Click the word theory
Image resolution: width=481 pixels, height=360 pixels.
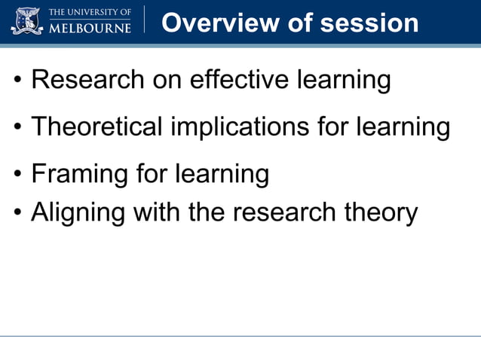click(381, 212)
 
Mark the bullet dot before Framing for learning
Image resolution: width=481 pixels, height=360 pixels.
click(17, 175)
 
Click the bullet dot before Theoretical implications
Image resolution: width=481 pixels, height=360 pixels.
click(17, 127)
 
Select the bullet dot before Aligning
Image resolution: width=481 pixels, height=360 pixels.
click(17, 213)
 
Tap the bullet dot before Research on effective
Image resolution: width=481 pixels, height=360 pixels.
click(17, 81)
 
